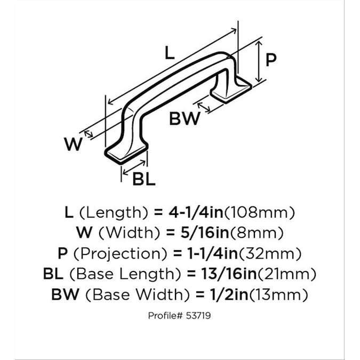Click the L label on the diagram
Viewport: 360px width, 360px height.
coord(170,53)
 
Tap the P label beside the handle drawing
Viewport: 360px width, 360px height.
coord(271,60)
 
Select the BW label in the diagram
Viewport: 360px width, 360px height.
coord(185,119)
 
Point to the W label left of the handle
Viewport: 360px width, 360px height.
coord(73,144)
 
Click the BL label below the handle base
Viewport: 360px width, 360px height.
coord(144,179)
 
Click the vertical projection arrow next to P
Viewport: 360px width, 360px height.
coord(259,61)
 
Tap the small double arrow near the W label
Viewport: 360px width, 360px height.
coord(89,134)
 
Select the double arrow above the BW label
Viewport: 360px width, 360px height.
coord(204,107)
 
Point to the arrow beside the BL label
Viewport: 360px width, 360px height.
coord(134,167)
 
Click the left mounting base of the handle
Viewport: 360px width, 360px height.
coord(126,153)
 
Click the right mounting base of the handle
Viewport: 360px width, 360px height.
coord(231,90)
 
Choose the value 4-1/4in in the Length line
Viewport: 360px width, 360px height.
coord(196,212)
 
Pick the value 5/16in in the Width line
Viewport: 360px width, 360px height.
coord(205,233)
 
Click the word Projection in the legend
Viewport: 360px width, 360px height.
coord(121,253)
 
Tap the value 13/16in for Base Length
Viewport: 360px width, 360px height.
coord(229,274)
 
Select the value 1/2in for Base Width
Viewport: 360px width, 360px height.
coord(229,294)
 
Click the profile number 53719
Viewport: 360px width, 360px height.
coord(198,316)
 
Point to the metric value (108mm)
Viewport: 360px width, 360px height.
coord(259,212)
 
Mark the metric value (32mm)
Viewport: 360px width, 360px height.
coord(270,253)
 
